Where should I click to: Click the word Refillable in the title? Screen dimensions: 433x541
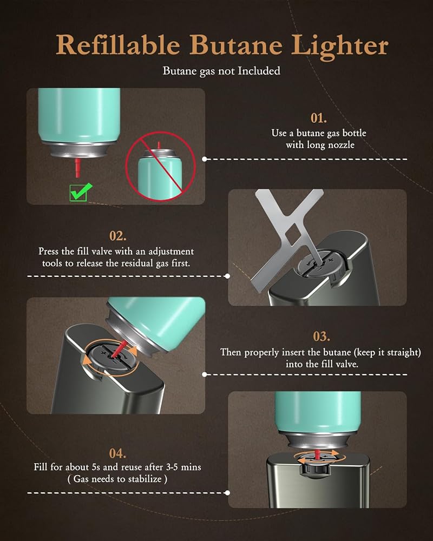[x=118, y=45]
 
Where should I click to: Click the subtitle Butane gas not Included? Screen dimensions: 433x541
[x=221, y=71]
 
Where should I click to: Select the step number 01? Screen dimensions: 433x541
[x=319, y=118]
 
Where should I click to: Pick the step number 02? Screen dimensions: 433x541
[x=118, y=236]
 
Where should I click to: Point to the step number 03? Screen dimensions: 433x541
[x=321, y=337]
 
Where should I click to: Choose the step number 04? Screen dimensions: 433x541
[x=117, y=453]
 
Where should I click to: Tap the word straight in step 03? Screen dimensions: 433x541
[x=401, y=353]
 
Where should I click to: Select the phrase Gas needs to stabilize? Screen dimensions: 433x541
[x=117, y=479]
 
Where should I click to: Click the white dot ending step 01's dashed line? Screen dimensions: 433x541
[x=205, y=159]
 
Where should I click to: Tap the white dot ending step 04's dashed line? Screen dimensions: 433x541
[x=227, y=493]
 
